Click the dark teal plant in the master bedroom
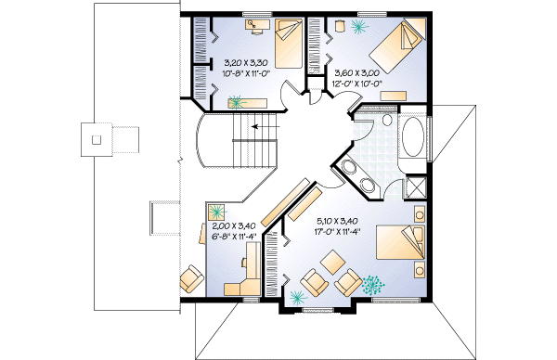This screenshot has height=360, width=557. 376,283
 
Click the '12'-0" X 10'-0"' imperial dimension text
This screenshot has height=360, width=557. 357,83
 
